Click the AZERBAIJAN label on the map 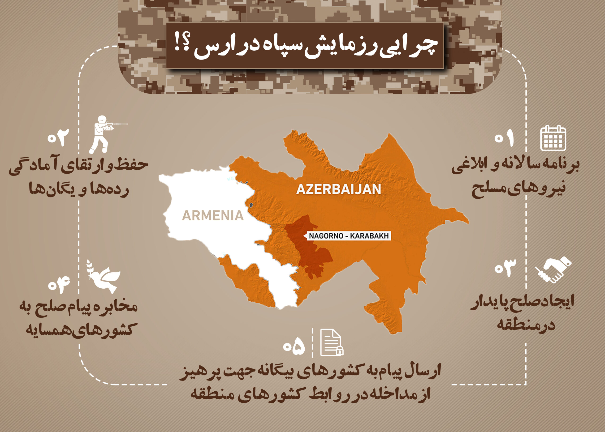coord(339,189)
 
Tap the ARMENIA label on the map coord(213,215)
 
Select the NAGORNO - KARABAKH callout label coord(348,236)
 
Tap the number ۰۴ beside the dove coord(59,284)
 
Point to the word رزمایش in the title coord(349,48)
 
